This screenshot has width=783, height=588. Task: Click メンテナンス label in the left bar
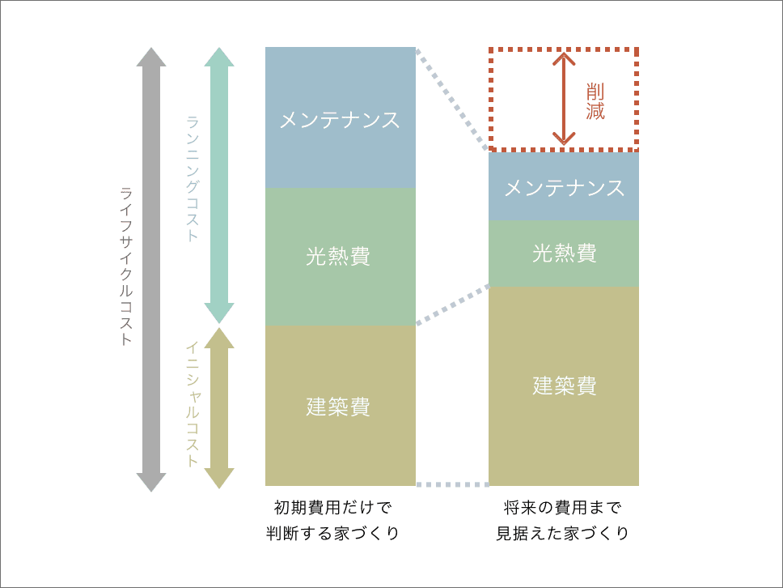point(340,121)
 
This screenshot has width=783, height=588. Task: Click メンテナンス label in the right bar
point(565,189)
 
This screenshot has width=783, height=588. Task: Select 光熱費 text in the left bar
point(339,257)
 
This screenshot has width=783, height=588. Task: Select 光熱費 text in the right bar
point(565,254)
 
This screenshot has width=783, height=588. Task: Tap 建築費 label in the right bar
point(565,386)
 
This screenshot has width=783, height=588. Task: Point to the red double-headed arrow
point(565,99)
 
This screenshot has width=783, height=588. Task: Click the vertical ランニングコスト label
point(193,179)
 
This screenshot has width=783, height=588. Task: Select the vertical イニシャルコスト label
point(193,404)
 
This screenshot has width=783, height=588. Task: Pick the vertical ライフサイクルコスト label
point(125,266)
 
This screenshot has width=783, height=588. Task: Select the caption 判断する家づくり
point(332,535)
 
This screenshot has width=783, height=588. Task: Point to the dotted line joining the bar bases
point(452,484)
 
